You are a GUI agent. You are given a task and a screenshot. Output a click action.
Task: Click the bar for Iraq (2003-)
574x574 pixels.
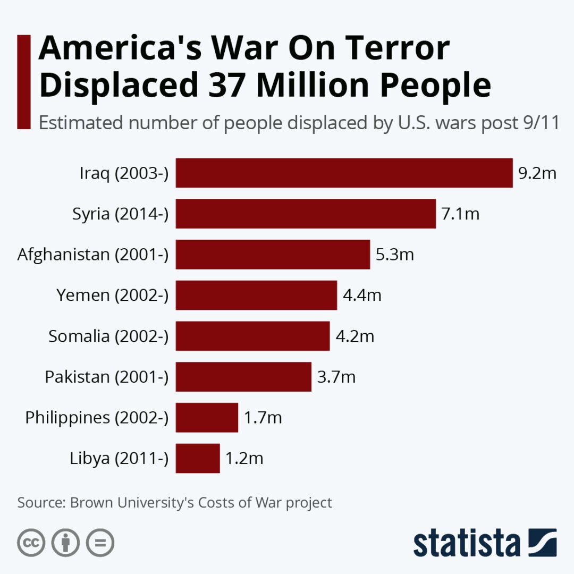344,173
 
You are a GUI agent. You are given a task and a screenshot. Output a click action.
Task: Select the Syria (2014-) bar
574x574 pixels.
306,214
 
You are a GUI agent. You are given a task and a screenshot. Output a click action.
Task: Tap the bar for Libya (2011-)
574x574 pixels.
198,458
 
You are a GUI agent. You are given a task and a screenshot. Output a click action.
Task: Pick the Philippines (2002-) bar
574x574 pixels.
207,417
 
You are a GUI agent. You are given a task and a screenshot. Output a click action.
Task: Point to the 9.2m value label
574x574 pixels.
537,173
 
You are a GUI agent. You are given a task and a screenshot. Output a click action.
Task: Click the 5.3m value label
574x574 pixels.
394,255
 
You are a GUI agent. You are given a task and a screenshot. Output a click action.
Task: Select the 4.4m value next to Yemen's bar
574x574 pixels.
362,295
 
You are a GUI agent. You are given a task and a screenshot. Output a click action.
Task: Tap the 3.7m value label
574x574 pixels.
336,377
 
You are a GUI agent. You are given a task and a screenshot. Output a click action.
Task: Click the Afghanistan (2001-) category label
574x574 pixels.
93,255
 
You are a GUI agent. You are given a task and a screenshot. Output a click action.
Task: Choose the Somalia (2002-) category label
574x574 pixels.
108,336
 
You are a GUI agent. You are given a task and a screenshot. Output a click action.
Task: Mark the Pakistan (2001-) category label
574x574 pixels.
106,377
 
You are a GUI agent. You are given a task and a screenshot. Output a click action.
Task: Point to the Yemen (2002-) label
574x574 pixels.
113,295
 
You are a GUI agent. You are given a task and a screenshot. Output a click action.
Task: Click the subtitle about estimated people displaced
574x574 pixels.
299,123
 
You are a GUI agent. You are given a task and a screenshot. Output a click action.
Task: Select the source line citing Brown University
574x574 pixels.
175,502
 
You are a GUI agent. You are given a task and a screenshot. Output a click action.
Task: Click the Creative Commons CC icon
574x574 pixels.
31,543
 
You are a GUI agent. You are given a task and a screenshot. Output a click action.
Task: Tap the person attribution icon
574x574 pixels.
65,543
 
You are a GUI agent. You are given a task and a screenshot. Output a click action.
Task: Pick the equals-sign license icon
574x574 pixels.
100,543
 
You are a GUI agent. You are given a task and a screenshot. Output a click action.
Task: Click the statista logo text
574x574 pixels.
467,543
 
